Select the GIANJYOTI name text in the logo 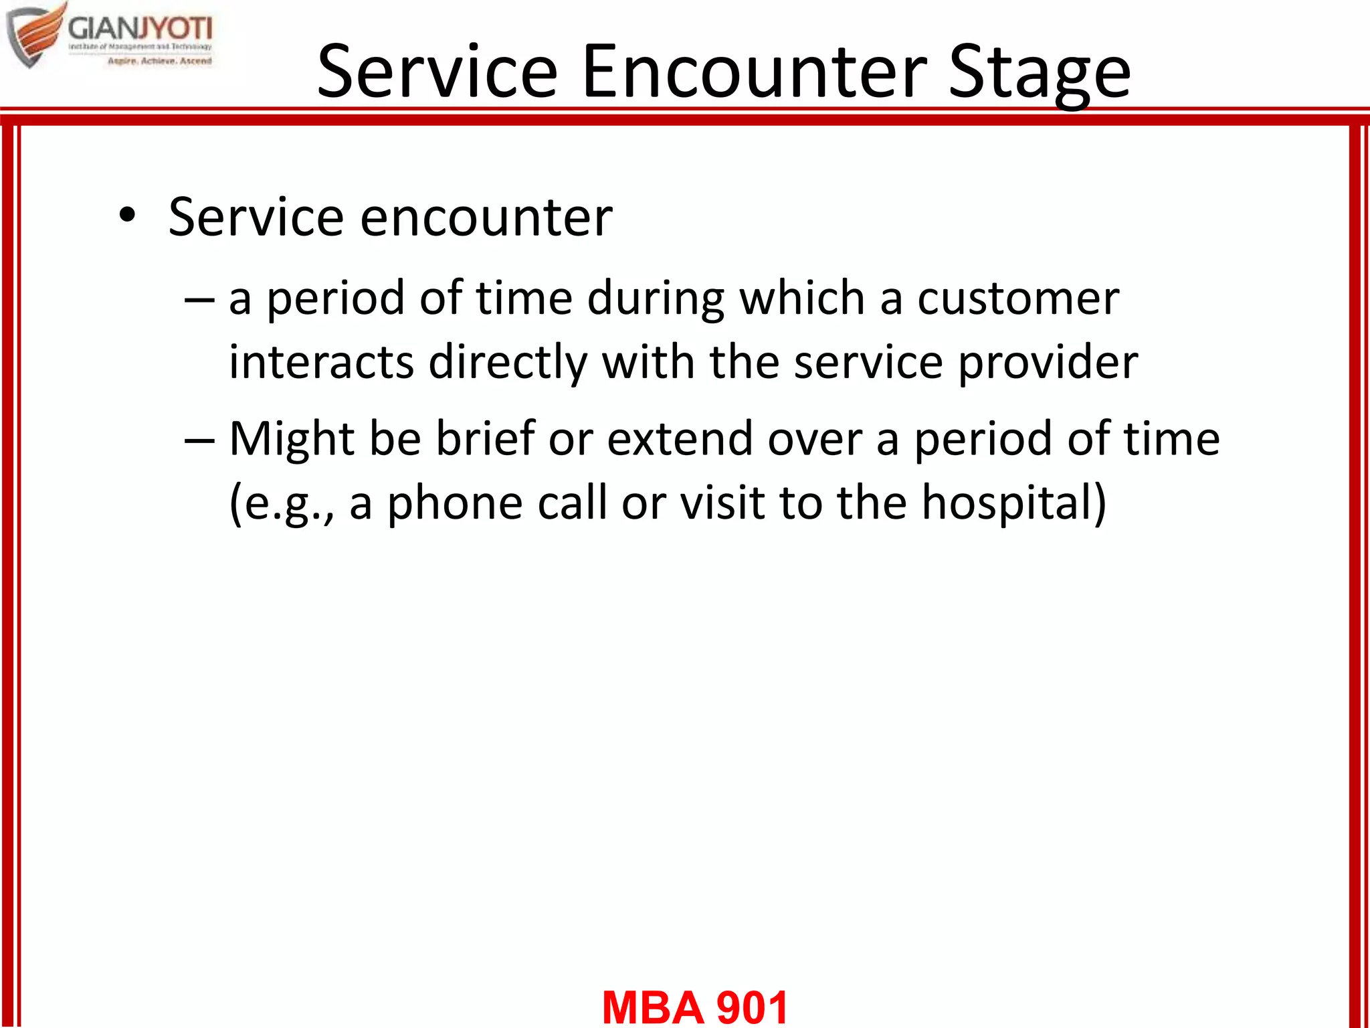(x=140, y=29)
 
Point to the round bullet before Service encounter (x=126, y=216)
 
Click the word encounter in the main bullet (x=486, y=218)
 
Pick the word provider (x=1048, y=362)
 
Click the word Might (x=291, y=439)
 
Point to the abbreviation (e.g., (x=281, y=503)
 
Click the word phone (x=455, y=503)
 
